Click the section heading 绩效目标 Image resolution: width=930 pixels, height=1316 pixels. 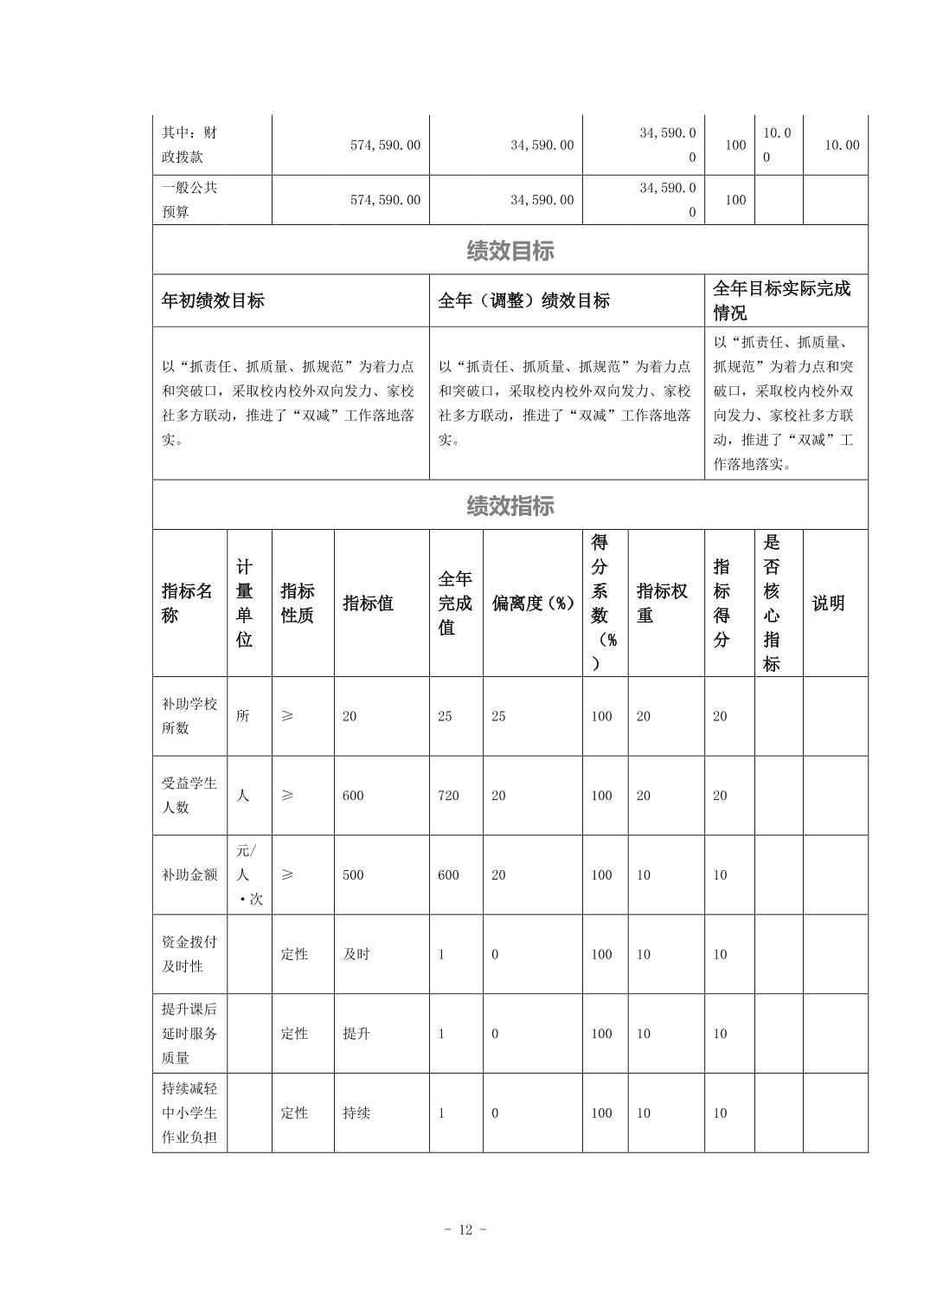(510, 251)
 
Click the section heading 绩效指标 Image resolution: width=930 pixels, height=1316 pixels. (510, 506)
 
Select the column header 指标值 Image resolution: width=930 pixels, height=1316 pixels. (369, 603)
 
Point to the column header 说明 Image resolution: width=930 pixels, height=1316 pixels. (828, 603)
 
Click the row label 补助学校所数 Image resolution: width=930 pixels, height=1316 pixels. (189, 716)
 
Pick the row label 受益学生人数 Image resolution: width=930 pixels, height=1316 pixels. (189, 796)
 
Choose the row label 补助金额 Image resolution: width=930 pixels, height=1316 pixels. (189, 875)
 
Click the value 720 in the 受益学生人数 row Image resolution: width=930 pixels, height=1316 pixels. (448, 796)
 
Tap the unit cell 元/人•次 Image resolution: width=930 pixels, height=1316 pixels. (248, 875)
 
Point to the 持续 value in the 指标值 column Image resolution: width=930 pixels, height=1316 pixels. (356, 1113)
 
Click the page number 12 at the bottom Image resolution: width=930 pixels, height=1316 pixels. (465, 1230)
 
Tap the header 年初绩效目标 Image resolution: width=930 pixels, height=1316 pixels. (213, 301)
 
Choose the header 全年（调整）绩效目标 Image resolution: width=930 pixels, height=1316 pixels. (523, 301)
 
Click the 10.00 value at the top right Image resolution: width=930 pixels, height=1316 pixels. (841, 145)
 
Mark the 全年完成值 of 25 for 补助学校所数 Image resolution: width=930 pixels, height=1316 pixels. (445, 716)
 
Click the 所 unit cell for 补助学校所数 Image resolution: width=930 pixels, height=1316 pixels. (243, 716)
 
